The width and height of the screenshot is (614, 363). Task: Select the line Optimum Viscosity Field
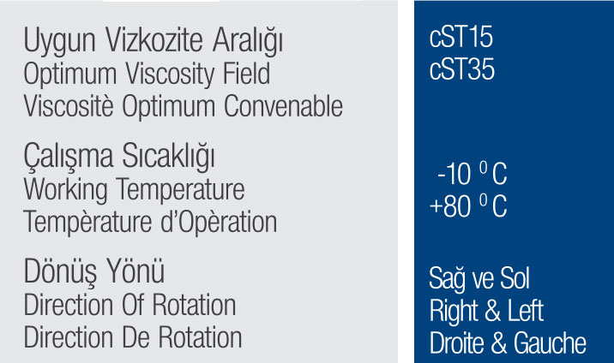coord(147,74)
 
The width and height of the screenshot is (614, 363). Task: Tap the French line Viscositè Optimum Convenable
coord(183,106)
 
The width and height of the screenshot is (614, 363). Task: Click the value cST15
coord(461,39)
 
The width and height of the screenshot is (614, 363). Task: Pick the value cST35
coord(461,69)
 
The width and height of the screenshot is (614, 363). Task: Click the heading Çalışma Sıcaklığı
coord(119,158)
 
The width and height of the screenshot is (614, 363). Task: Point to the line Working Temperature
coord(134,189)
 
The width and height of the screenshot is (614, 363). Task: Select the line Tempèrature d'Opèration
coord(150,222)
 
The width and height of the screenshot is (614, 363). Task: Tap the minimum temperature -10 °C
coord(472,176)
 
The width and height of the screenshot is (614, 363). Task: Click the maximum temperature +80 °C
coord(468,207)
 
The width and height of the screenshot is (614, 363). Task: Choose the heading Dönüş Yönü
coord(94,273)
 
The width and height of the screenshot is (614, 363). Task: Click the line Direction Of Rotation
coord(129,305)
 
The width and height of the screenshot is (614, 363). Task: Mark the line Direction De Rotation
coord(133,336)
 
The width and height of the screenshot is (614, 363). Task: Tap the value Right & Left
coord(486,311)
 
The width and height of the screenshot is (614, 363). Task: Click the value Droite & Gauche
coord(508,342)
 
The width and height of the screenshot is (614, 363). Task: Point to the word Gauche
coord(550,342)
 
